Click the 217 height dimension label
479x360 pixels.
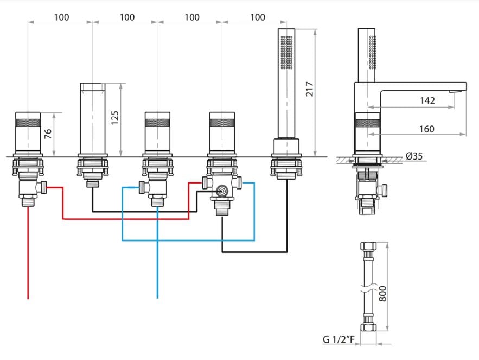click(x=309, y=89)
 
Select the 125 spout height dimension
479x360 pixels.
click(x=114, y=117)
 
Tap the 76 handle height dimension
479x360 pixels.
click(x=48, y=134)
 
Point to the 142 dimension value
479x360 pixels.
click(x=427, y=100)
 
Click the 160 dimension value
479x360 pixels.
click(x=426, y=129)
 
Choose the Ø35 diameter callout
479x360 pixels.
click(x=414, y=156)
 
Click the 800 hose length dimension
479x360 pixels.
click(x=382, y=294)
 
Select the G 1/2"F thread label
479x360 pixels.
click(x=339, y=339)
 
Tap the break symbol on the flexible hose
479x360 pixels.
click(x=368, y=289)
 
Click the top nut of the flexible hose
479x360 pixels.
click(x=368, y=247)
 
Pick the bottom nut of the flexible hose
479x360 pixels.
click(x=368, y=327)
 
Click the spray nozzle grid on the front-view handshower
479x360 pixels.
click(x=286, y=52)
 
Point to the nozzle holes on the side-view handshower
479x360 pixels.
click(x=372, y=52)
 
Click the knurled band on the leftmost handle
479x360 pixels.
click(x=28, y=123)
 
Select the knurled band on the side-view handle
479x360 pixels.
click(x=367, y=123)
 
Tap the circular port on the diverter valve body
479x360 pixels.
click(x=222, y=191)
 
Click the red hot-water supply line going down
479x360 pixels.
click(x=28, y=252)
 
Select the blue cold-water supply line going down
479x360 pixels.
click(x=157, y=252)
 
